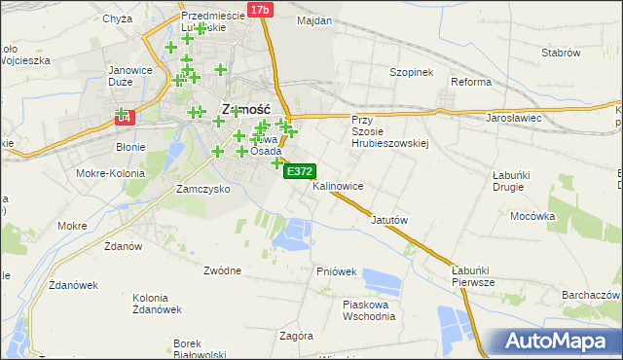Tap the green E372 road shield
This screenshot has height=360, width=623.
tap(298, 171)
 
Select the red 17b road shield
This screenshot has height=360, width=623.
tap(259, 10)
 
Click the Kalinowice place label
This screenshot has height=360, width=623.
tap(338, 185)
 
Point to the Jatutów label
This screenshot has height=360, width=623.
tap(388, 220)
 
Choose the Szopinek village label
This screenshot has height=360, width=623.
tap(410, 72)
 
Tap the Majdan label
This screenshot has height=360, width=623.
tap(314, 20)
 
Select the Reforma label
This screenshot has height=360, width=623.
tap(471, 82)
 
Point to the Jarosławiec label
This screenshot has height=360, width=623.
tap(512, 118)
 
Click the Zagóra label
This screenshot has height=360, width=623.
tap(296, 336)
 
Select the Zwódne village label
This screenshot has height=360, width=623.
tap(223, 270)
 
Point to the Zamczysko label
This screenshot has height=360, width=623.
tap(202, 189)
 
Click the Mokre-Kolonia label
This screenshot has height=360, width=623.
tap(115, 173)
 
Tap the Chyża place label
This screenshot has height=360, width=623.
tap(117, 18)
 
